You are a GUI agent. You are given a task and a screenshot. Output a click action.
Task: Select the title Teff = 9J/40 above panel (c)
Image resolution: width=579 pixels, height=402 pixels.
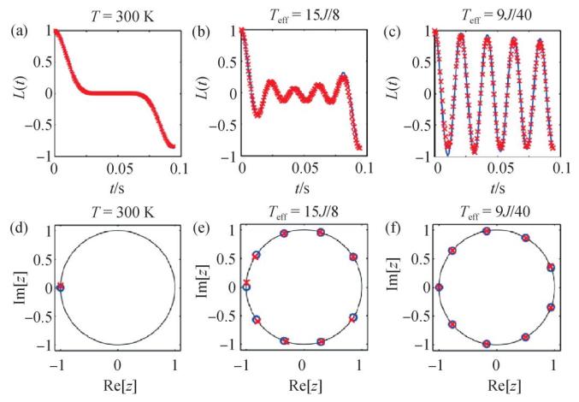point(494,11)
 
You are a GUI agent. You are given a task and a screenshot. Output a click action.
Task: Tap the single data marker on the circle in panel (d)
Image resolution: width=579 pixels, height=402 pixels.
point(60,287)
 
